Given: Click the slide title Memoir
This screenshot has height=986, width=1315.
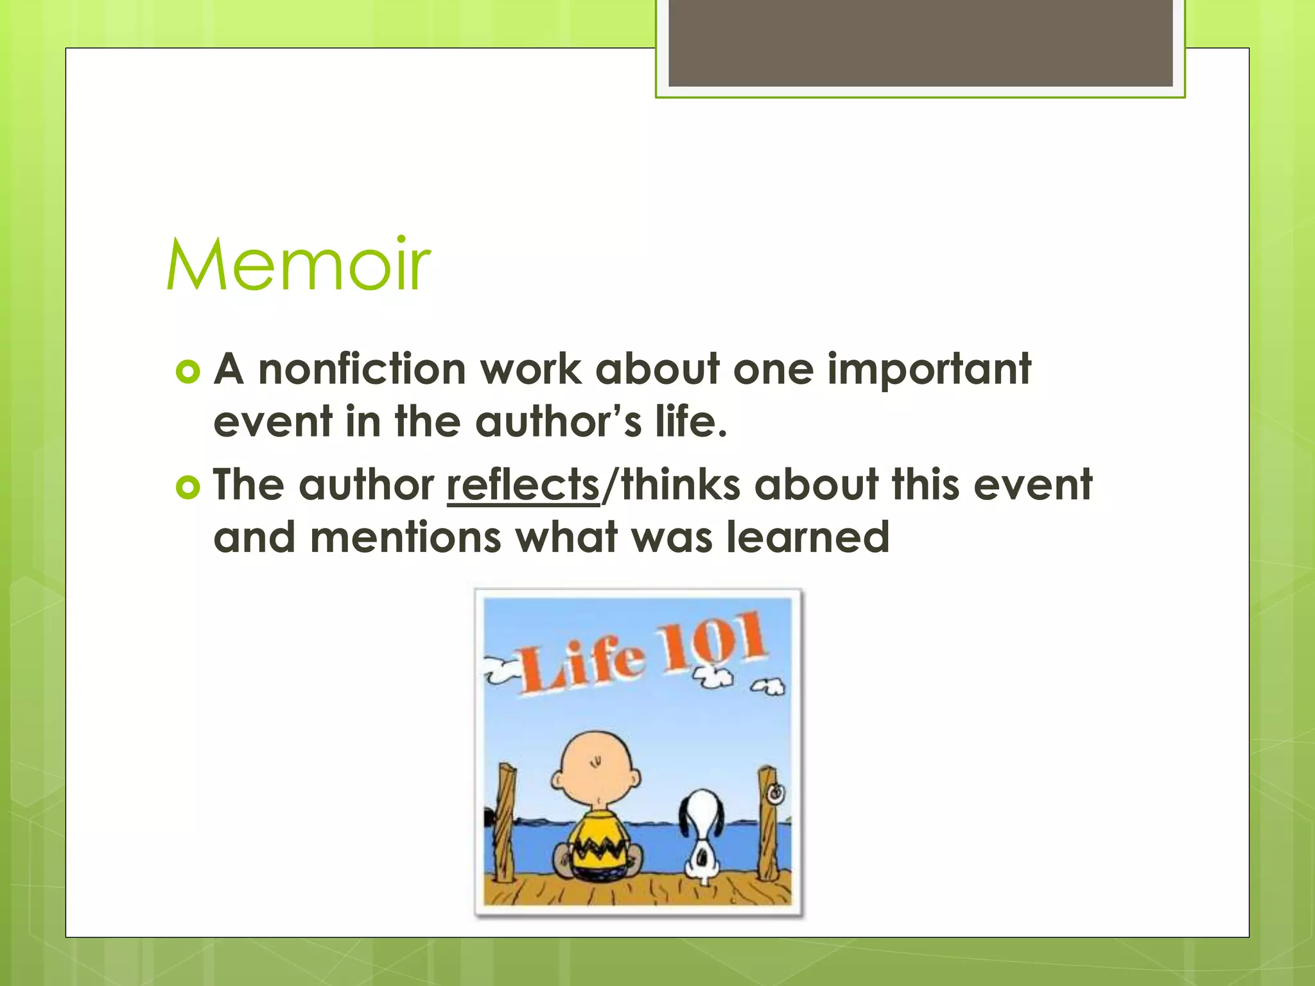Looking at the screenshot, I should pyautogui.click(x=298, y=264).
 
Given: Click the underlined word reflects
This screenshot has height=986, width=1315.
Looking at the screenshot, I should pyautogui.click(x=523, y=485).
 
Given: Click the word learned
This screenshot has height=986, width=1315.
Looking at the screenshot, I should pyautogui.click(x=808, y=537).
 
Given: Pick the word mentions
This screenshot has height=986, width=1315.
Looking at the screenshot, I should pyautogui.click(x=405, y=537).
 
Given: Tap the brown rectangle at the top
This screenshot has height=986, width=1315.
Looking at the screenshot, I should pyautogui.click(x=920, y=42).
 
